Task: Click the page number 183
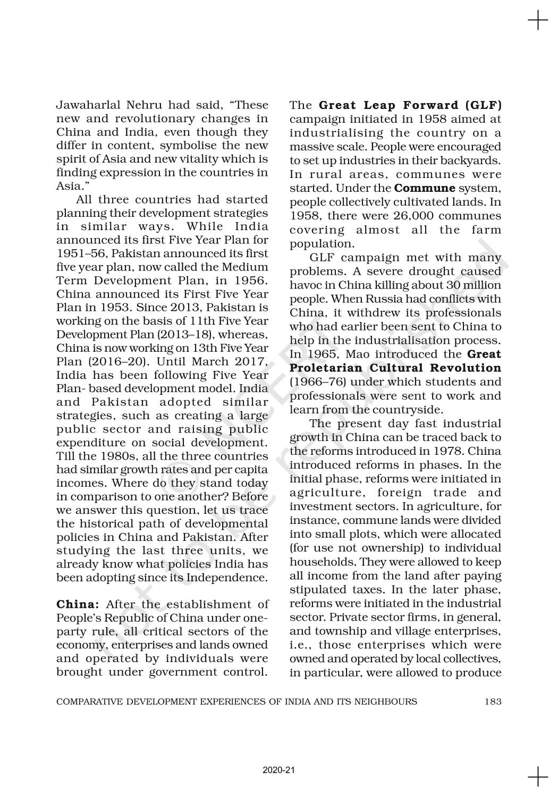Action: pyautogui.click(x=493, y=701)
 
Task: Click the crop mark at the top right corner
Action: pyautogui.click(x=538, y=21)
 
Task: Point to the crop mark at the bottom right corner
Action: pyautogui.click(x=538, y=776)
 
